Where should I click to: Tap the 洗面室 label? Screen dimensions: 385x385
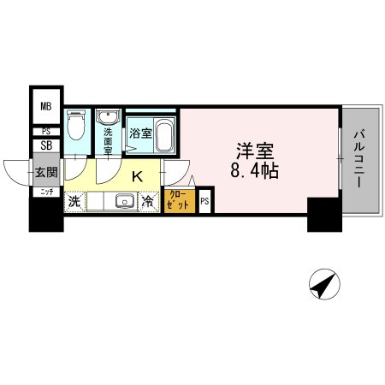pyautogui.click(x=109, y=140)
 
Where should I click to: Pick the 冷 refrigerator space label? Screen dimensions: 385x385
pyautogui.click(x=148, y=203)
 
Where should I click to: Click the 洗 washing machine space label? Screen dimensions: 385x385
pyautogui.click(x=74, y=203)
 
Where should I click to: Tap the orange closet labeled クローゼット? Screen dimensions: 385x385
pyautogui.click(x=180, y=203)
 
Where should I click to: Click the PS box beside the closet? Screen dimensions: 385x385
pyautogui.click(x=204, y=202)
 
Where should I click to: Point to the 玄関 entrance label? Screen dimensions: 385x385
pyautogui.click(x=45, y=172)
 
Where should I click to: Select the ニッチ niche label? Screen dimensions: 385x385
pyautogui.click(x=45, y=192)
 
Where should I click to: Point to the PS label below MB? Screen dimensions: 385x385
pyautogui.click(x=46, y=131)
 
